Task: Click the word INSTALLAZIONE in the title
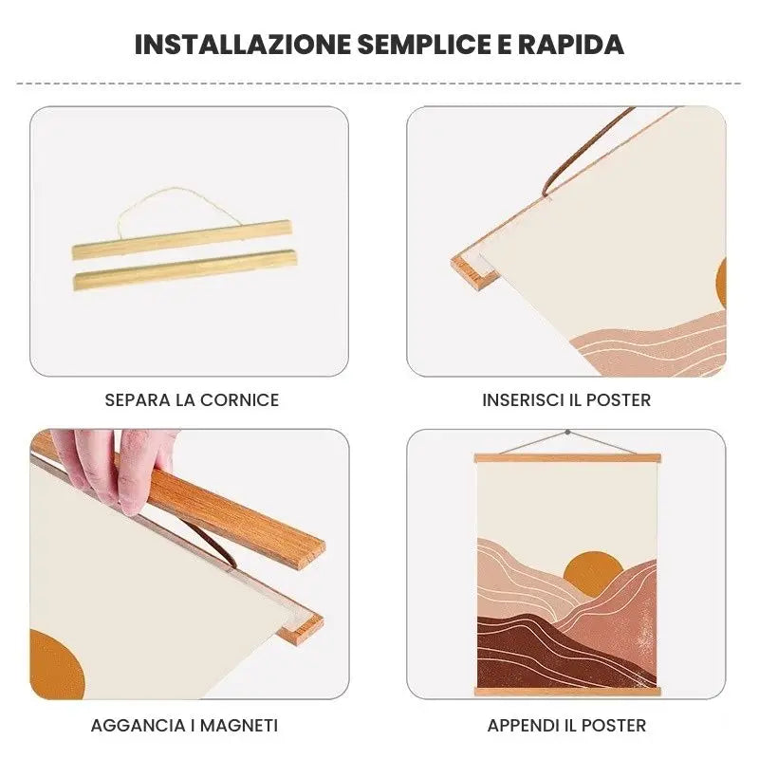click(243, 45)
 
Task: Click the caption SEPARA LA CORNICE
click(192, 399)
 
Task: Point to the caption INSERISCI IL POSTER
click(566, 399)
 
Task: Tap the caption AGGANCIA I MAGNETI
click(184, 726)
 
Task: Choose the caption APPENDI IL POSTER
click(566, 726)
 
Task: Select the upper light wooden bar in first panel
click(182, 237)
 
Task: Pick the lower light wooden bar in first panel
click(185, 268)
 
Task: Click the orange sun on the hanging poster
click(592, 571)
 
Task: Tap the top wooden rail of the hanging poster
click(567, 458)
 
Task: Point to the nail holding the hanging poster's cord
click(567, 434)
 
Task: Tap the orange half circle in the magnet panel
click(57, 664)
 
